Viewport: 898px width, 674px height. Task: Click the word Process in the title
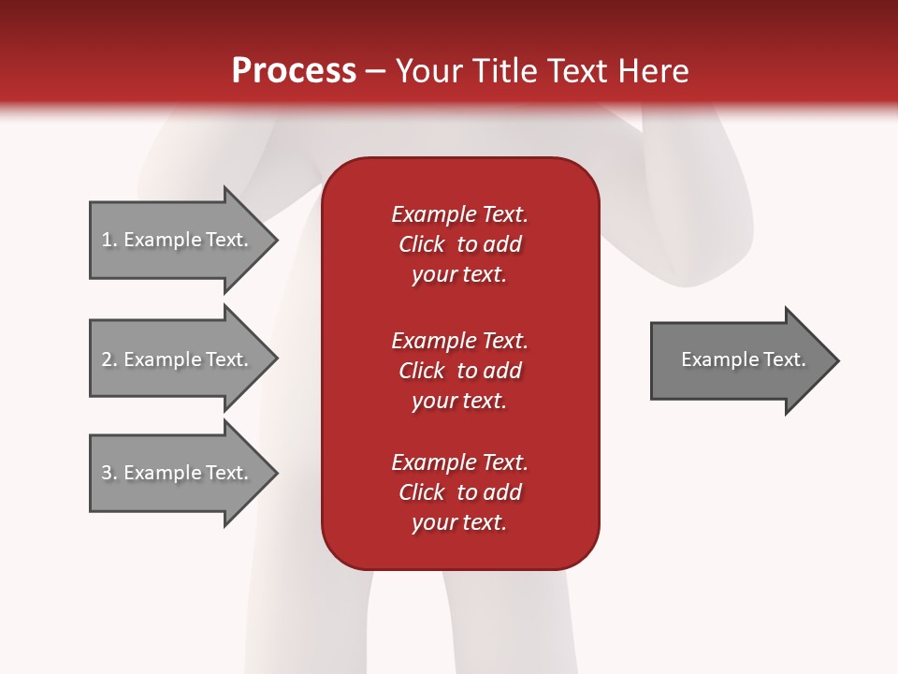pyautogui.click(x=294, y=71)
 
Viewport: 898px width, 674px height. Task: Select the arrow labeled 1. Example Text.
pyautogui.click(x=178, y=240)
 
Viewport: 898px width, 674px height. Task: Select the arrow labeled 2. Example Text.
pyautogui.click(x=178, y=359)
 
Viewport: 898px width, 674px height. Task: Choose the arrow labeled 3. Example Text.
pyautogui.click(x=178, y=473)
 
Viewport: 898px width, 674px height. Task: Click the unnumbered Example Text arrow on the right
pyautogui.click(x=739, y=359)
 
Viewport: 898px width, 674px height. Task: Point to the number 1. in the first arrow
pyautogui.click(x=109, y=240)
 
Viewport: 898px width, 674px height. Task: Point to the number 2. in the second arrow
pyautogui.click(x=109, y=359)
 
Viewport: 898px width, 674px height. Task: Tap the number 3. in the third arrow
pyautogui.click(x=109, y=473)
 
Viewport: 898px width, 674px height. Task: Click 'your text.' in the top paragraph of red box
pyautogui.click(x=459, y=275)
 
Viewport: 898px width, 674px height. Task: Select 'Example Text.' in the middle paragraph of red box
pyautogui.click(x=459, y=340)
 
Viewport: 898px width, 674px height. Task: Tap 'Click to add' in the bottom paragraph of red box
pyautogui.click(x=459, y=492)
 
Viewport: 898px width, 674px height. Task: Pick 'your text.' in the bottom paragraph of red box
pyautogui.click(x=459, y=522)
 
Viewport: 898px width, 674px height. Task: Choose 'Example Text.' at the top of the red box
pyautogui.click(x=459, y=214)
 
